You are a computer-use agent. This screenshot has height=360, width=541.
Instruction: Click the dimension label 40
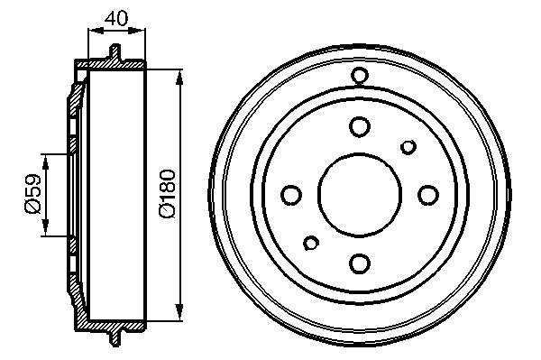click(x=116, y=19)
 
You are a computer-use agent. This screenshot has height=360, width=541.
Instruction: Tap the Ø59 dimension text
click(x=33, y=194)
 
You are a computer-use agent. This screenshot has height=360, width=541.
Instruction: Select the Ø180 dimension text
click(x=168, y=194)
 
